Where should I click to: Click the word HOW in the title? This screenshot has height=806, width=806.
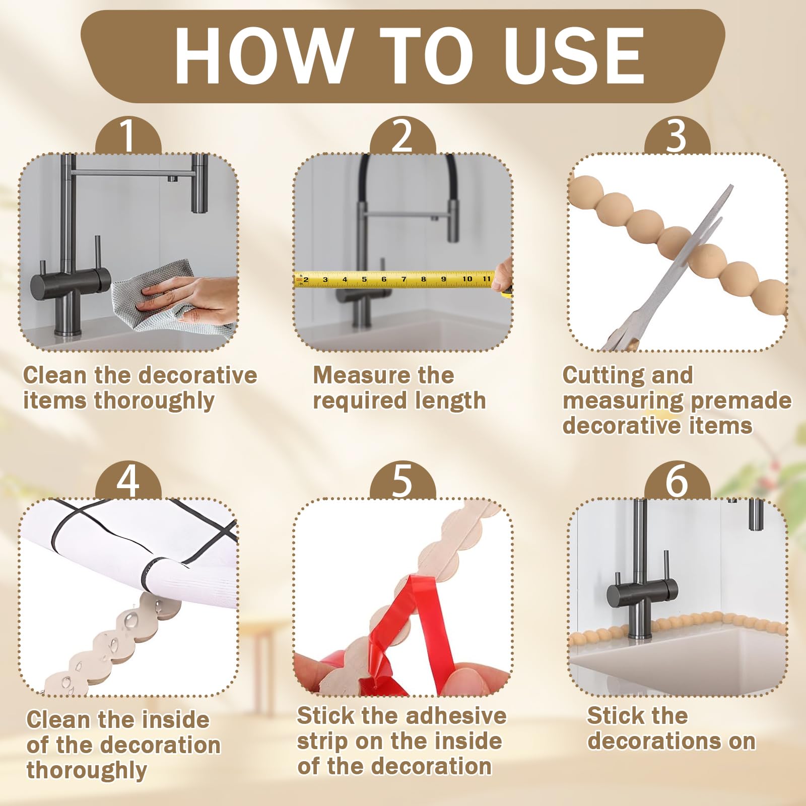point(263,55)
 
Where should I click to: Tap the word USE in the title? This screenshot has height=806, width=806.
point(575,55)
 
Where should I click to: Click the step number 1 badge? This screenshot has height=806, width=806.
point(128,135)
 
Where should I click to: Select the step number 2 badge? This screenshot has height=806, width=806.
point(402,135)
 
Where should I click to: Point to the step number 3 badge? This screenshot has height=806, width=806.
point(677,135)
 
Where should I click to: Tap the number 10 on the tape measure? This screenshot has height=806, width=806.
point(467,279)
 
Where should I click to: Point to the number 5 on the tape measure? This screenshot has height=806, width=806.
point(364,279)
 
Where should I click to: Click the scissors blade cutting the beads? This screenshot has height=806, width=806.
point(695,237)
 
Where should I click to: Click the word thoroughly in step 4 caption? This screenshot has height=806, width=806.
point(87,771)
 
